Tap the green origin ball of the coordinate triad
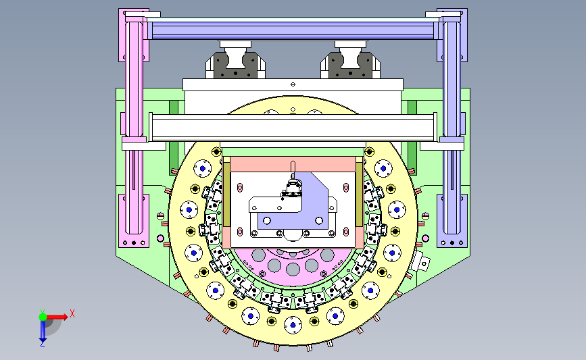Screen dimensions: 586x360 pos(43,317)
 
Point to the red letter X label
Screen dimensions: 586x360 pos(72,313)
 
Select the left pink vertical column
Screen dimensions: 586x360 pos(134,127)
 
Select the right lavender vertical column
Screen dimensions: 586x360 pos(451,127)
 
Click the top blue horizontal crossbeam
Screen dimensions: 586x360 pos(293,30)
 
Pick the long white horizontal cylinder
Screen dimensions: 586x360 pos(293,128)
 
